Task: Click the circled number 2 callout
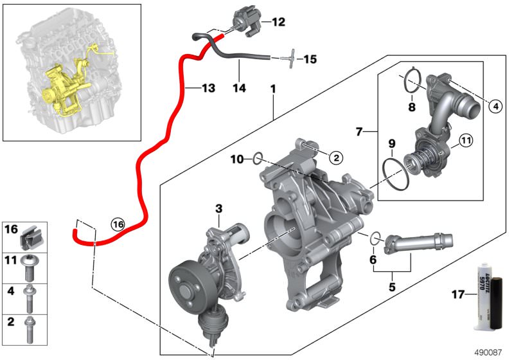(x=334, y=156)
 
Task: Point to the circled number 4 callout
(x=493, y=107)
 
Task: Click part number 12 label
(x=278, y=22)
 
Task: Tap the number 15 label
(x=310, y=60)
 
